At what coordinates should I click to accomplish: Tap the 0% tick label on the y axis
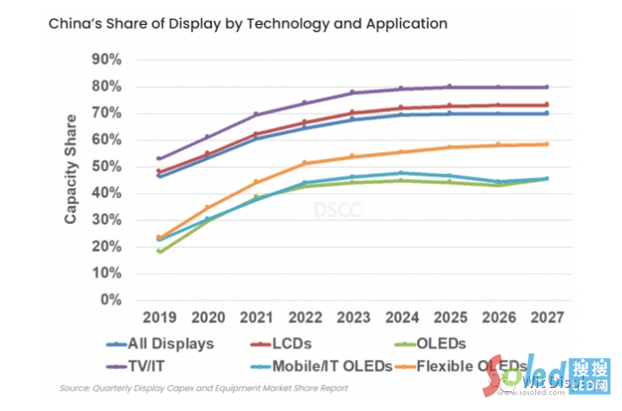(121, 300)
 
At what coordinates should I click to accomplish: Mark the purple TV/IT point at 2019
(158, 158)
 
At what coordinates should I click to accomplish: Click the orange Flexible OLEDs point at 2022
(304, 163)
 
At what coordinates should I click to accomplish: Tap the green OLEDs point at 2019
(158, 251)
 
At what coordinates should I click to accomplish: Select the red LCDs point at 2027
(546, 105)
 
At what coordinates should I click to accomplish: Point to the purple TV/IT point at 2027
(546, 87)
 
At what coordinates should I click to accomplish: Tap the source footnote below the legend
(203, 389)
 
